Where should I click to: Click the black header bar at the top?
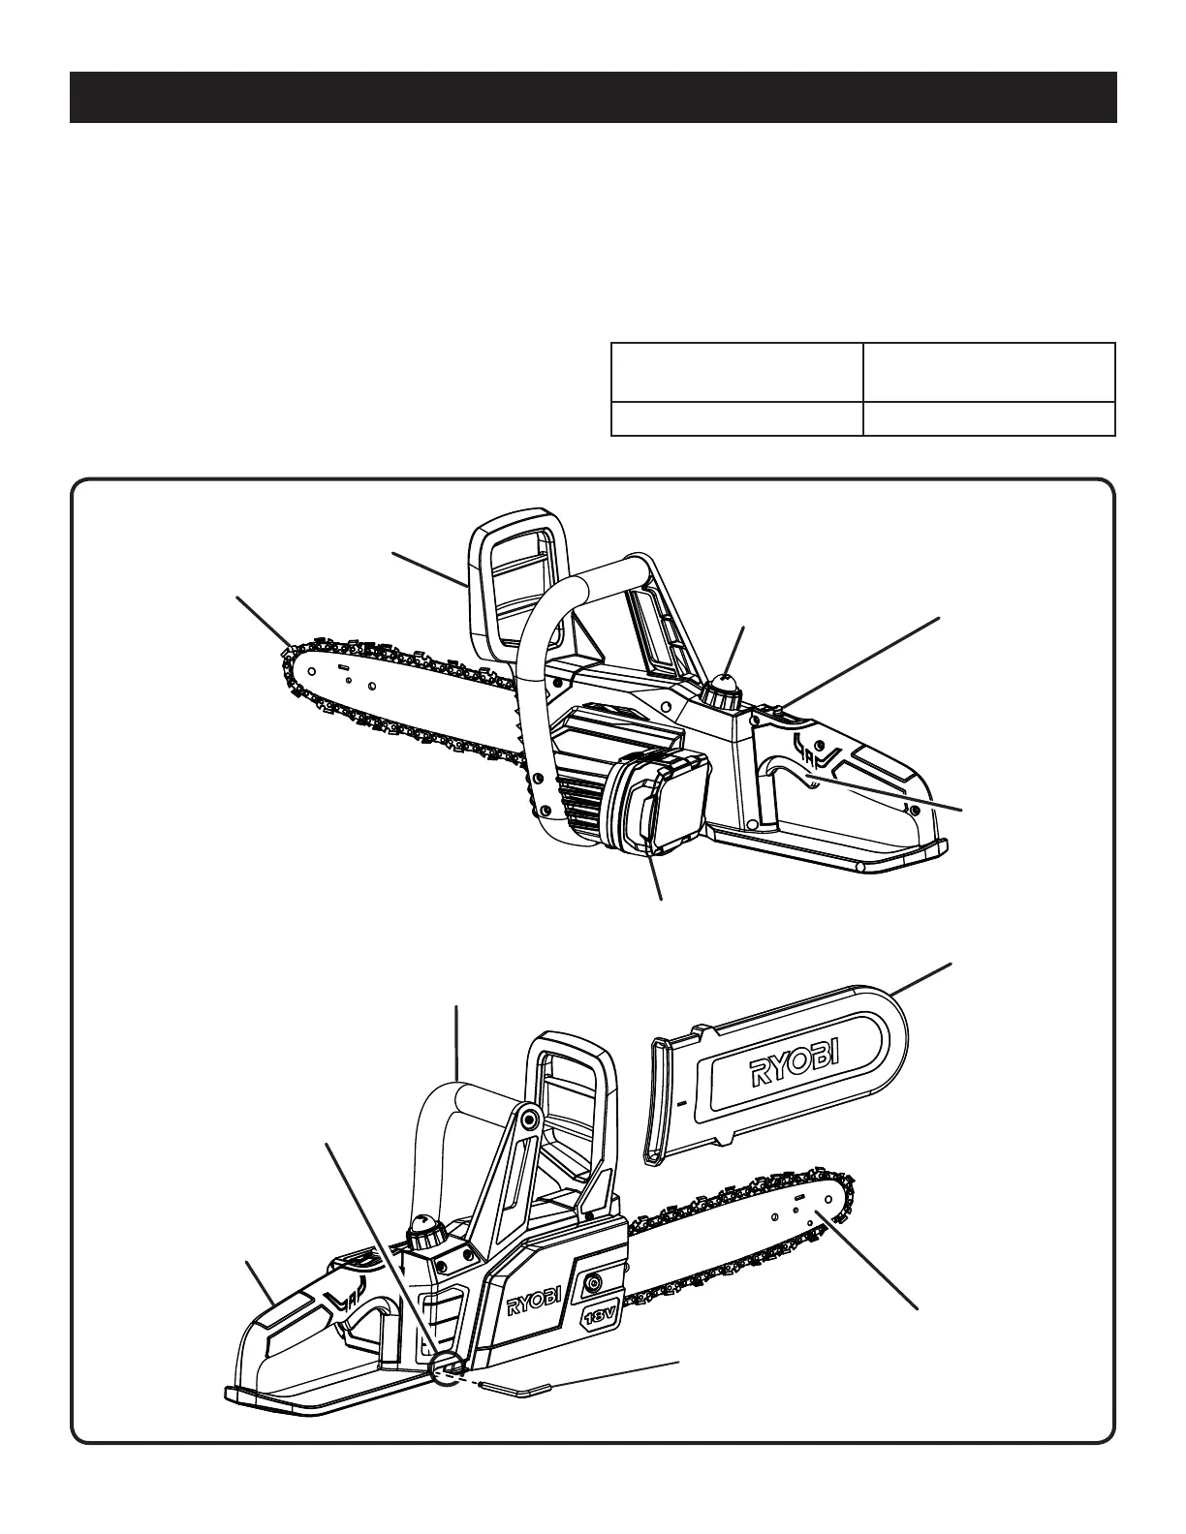click(x=593, y=97)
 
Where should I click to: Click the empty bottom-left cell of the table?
click(x=736, y=418)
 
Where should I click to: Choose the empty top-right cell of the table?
click(x=988, y=372)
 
